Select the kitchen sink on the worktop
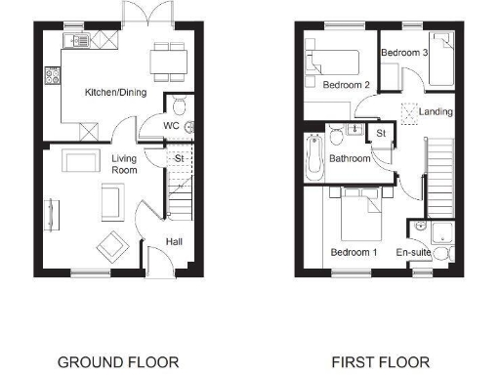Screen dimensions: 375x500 tap(77, 40)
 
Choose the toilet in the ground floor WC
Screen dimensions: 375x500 tap(179, 104)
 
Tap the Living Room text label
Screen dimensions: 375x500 tap(124, 163)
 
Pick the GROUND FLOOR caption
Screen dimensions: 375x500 tap(118, 362)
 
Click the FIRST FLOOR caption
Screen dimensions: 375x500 tap(380, 362)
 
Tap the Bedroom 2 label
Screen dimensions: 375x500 tap(346, 85)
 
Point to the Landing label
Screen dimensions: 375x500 tap(436, 111)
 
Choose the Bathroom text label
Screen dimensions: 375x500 tap(349, 157)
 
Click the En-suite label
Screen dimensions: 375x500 tap(413, 252)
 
